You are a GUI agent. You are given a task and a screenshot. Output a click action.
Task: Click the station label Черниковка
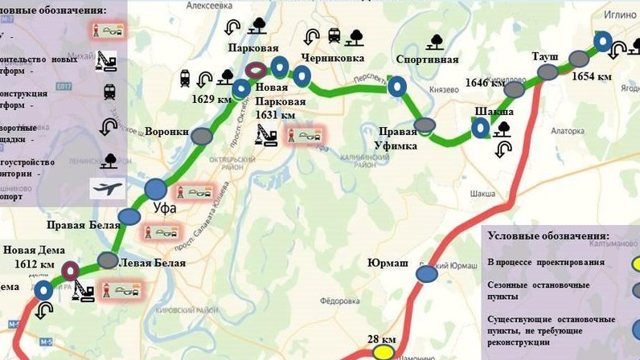pos(332,58)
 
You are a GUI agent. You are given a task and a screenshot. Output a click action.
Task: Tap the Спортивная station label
pos(427,59)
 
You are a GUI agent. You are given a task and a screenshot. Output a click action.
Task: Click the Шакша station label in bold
pos(494,111)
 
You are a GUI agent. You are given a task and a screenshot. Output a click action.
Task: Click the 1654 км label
pos(592,76)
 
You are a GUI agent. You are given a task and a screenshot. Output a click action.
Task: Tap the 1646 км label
pos(486,83)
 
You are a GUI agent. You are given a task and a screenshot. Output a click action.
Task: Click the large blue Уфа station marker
pos(156,190)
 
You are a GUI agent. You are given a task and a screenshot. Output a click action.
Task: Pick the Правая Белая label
pos(76,225)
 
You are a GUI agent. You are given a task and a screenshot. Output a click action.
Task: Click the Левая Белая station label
pos(152,263)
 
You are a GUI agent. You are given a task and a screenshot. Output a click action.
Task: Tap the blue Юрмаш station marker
pos(427,275)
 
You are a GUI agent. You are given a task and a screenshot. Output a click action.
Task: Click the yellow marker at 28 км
pos(384,352)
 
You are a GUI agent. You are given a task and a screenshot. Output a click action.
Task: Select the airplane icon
pos(108,189)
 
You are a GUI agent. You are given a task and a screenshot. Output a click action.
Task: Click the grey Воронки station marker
pos(202,136)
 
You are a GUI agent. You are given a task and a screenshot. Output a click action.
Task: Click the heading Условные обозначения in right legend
pos(558,239)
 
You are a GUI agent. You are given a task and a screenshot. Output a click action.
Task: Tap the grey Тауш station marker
pos(548,72)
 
